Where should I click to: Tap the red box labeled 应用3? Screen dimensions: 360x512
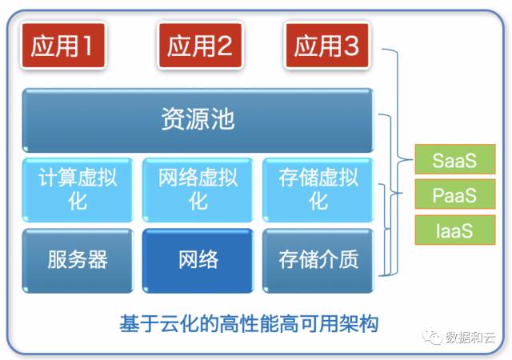(x=326, y=46)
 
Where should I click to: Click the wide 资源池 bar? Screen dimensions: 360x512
(x=198, y=121)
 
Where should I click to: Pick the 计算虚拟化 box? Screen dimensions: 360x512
(x=78, y=189)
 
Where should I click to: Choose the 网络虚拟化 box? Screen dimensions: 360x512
(x=198, y=189)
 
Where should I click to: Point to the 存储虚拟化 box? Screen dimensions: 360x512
(x=318, y=189)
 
